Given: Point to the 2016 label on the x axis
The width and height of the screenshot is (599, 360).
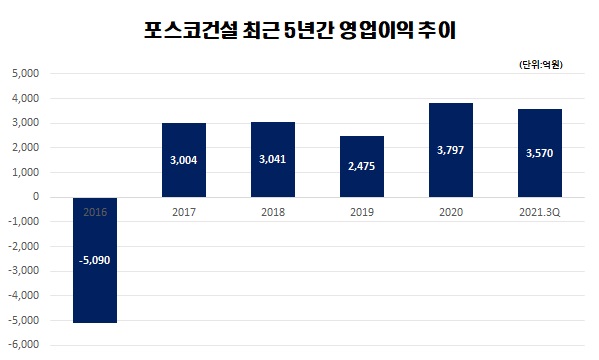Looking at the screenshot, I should point(96,212).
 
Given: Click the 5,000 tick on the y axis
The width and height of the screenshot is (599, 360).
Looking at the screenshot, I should point(24,74).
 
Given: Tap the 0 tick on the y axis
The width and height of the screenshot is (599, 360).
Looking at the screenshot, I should point(34,197).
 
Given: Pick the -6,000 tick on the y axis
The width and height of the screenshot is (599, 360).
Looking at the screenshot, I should point(22,345).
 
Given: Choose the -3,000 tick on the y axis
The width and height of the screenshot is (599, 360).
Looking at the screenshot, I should point(22,271).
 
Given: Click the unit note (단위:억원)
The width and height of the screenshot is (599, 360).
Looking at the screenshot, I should point(541,65).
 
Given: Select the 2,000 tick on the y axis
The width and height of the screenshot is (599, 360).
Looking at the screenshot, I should point(24,148).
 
